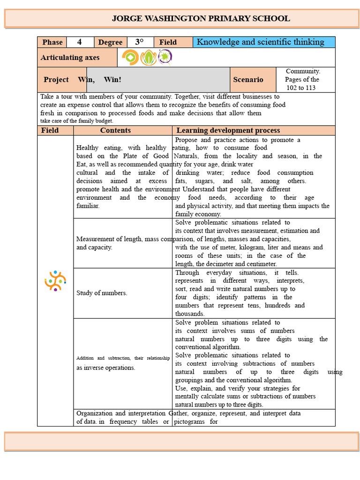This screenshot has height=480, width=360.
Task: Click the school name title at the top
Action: pos(201,19)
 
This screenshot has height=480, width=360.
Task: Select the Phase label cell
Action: pos(52,42)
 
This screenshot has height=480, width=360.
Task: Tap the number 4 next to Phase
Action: pos(80,42)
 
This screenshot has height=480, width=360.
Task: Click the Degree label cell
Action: pos(110,42)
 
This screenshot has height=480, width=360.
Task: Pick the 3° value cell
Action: pos(139,42)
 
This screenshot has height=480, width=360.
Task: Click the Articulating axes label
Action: pos(70,58)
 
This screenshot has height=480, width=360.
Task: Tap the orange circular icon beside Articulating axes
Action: pos(130,58)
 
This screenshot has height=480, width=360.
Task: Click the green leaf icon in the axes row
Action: pos(149,58)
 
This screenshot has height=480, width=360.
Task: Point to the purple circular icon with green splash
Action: pos(165,58)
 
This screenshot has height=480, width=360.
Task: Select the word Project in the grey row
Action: pos(56,80)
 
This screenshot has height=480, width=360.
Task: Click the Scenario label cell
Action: pos(248,80)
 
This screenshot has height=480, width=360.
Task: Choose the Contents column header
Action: pos(115,130)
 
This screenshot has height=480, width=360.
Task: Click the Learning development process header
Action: pos(228,130)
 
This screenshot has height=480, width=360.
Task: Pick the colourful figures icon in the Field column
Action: pos(55,281)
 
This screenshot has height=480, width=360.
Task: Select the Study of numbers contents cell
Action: pos(102,293)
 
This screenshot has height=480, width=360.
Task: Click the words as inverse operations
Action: pos(105,367)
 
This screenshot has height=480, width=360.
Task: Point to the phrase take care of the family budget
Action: pos(76,121)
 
